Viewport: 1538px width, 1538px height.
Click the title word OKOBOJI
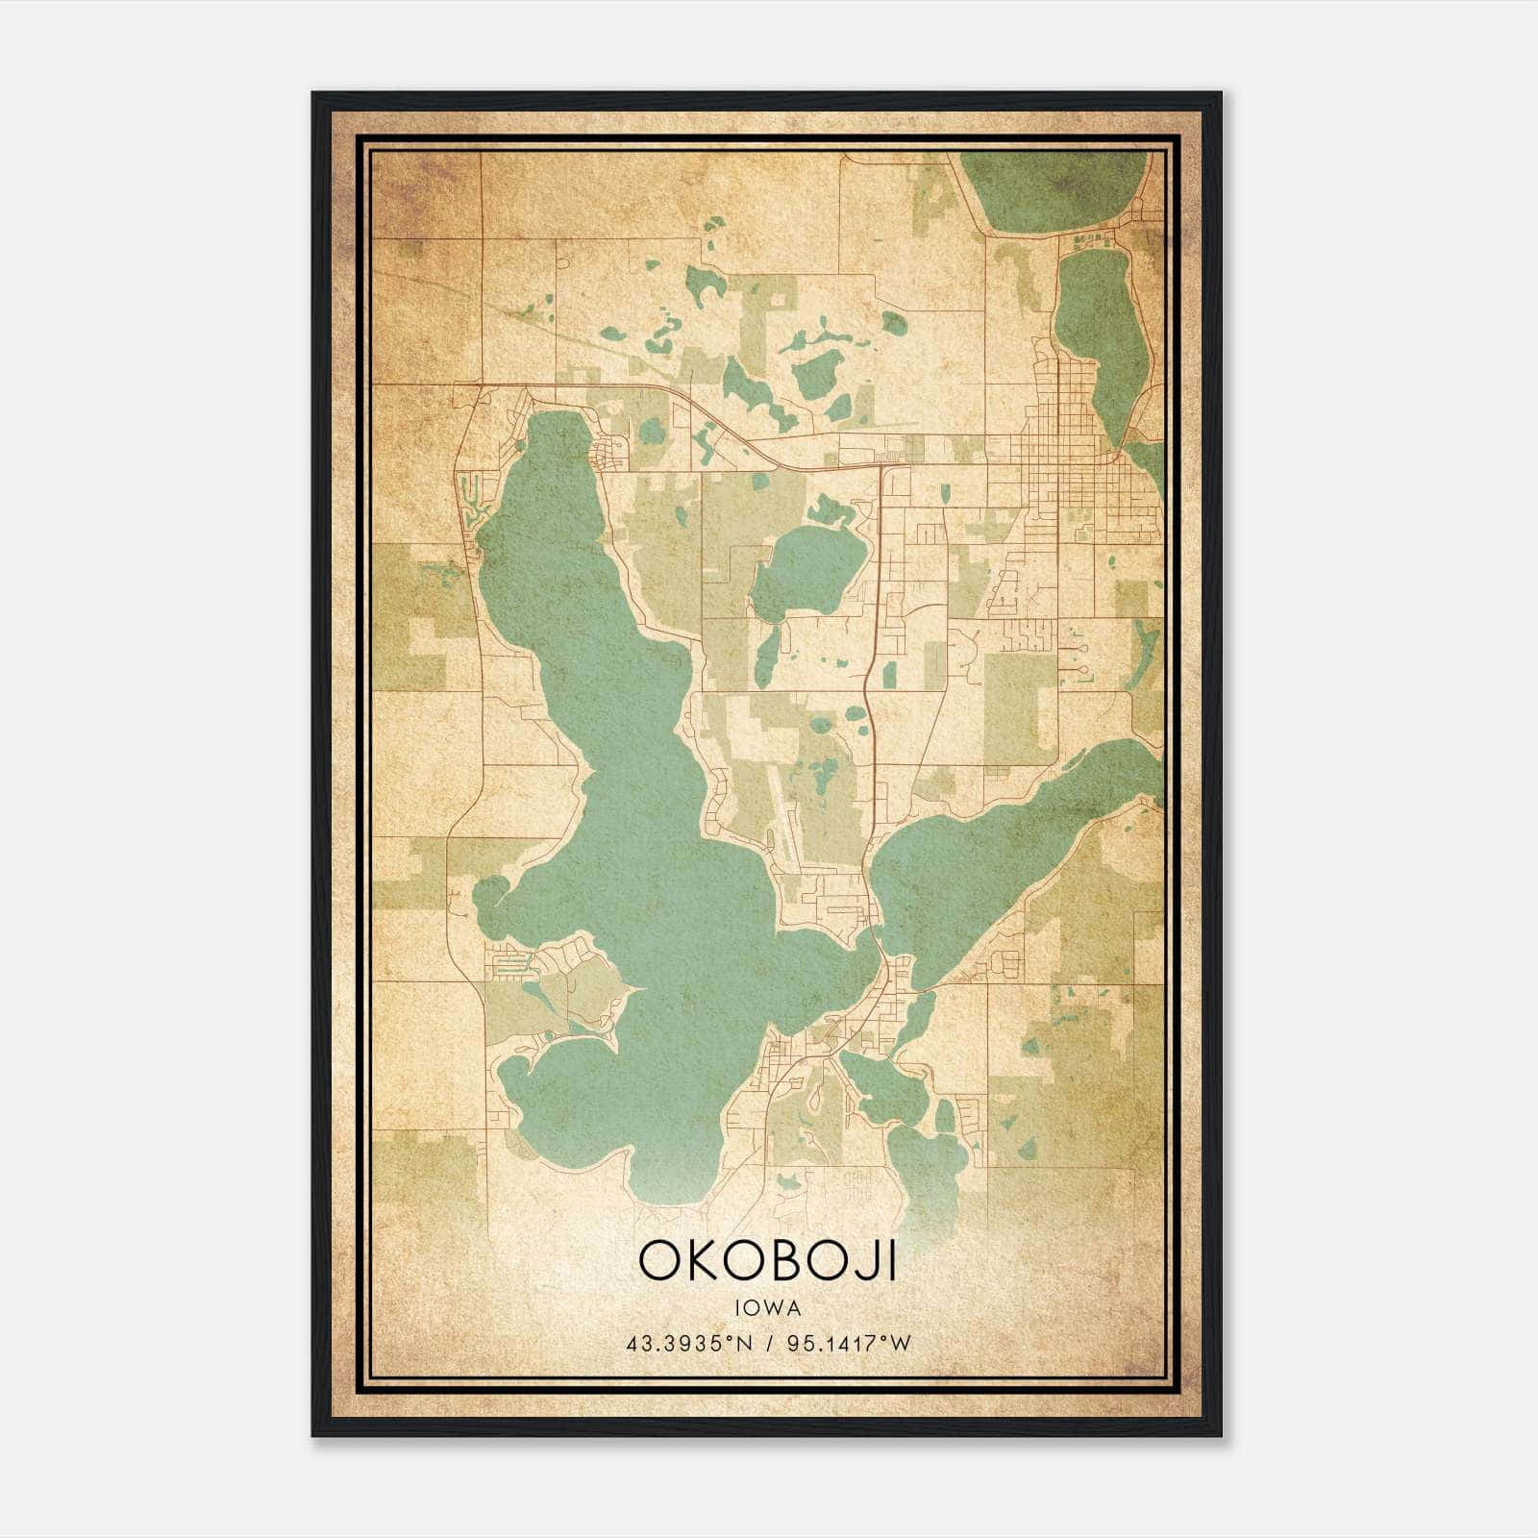click(x=767, y=1261)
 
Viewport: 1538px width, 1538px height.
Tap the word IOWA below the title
click(x=767, y=1307)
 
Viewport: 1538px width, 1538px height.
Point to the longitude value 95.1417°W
click(x=848, y=1342)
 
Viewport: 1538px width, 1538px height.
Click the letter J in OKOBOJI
click(x=865, y=1263)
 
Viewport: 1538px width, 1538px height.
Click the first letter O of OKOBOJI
click(x=661, y=1261)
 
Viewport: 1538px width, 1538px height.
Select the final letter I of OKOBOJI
click(x=892, y=1261)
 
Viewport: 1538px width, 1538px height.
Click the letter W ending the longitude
click(x=900, y=1342)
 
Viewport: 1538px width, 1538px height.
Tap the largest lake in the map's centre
click(x=634, y=817)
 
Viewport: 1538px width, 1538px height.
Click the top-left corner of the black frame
click(x=314, y=94)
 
